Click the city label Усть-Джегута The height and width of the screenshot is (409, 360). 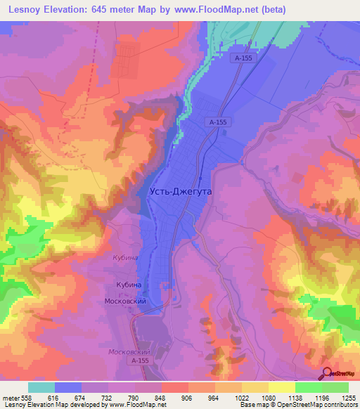click(x=181, y=190)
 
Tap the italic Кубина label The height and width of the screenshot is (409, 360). click(x=127, y=258)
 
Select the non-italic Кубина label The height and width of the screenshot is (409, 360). click(x=129, y=285)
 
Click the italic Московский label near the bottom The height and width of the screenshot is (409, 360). click(x=127, y=351)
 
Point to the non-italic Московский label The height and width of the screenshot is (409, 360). click(x=125, y=301)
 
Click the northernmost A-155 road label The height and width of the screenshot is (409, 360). click(x=244, y=60)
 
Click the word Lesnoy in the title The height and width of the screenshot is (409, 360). click(x=22, y=9)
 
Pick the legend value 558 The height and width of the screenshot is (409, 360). click(x=25, y=397)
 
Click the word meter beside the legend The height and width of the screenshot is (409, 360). click(x=9, y=397)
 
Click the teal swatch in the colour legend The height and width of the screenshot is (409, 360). click(x=41, y=387)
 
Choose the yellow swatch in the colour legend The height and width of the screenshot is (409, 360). click(x=281, y=387)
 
